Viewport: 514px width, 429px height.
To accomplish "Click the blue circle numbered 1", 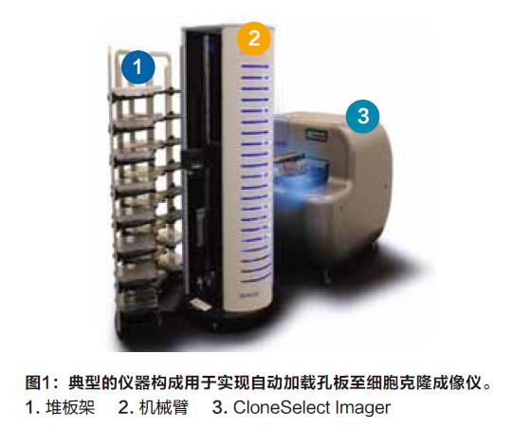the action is pos(138,67).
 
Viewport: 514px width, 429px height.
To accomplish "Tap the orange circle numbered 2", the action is pos(254,39).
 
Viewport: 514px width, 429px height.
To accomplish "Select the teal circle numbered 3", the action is pos(363,116).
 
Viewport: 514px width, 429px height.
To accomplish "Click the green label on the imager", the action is pos(317,135).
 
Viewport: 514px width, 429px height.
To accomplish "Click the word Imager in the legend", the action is pos(358,409).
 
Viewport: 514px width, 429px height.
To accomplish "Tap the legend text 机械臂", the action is pos(164,407).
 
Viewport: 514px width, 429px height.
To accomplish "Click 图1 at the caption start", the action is pos(37,382).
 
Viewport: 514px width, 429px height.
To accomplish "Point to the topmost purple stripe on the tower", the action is pos(255,66).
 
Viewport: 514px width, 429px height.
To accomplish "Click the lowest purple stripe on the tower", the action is pos(255,279).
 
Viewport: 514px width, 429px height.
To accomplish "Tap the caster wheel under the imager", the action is pos(326,276).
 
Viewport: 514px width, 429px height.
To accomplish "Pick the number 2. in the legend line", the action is pos(125,407).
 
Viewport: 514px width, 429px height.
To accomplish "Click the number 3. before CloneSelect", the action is pos(220,407).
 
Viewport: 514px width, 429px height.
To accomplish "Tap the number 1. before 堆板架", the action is pos(33,407).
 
